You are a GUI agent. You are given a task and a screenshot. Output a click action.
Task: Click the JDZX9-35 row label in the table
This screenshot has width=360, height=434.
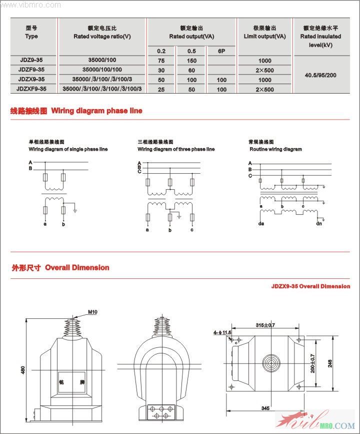tap(31, 80)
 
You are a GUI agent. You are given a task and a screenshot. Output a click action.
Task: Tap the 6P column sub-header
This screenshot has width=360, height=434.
tap(221, 51)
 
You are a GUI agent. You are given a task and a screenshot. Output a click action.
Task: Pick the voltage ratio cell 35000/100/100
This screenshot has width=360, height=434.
tap(102, 70)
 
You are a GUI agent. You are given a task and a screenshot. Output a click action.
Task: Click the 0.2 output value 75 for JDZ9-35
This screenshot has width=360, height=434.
tap(161, 61)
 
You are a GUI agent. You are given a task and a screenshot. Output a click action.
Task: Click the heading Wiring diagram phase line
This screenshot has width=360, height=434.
tap(96, 111)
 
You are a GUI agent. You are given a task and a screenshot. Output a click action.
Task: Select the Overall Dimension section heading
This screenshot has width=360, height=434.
tap(77, 268)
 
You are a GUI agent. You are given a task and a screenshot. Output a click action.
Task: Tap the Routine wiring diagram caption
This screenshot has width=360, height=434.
tap(275, 149)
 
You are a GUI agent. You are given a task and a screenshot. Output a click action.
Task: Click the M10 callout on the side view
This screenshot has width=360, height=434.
tap(92, 312)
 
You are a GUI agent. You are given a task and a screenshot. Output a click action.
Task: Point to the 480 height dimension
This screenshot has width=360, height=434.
tap(22, 371)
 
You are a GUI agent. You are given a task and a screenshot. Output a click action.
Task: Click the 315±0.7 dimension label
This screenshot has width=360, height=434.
tap(265, 325)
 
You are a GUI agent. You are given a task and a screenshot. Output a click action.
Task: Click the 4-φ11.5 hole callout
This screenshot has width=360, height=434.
tap(222, 332)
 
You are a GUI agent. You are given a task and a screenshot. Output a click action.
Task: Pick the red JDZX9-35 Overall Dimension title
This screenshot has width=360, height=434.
tap(310, 286)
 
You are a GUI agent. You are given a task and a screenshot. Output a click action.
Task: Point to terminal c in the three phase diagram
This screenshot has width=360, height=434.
tap(192, 230)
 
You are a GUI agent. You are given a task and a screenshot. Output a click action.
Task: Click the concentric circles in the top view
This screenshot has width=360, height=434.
tap(272, 362)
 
